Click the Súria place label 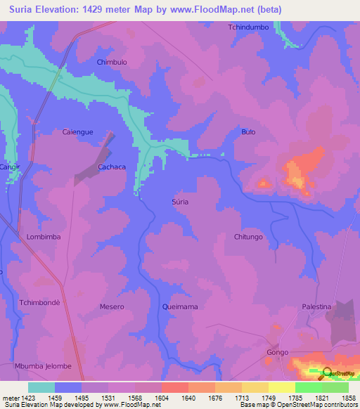(x=180, y=202)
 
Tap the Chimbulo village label (x=111, y=62)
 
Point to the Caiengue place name (x=78, y=131)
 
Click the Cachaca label (x=112, y=167)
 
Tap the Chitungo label (x=248, y=237)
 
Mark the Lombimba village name (x=44, y=237)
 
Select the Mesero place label (x=112, y=307)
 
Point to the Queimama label (x=179, y=307)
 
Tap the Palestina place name (x=316, y=307)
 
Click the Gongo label (x=278, y=351)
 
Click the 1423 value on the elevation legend (x=20, y=398)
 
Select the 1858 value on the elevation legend (x=349, y=398)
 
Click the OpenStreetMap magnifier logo (x=326, y=375)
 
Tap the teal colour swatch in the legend (x=41, y=387)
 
